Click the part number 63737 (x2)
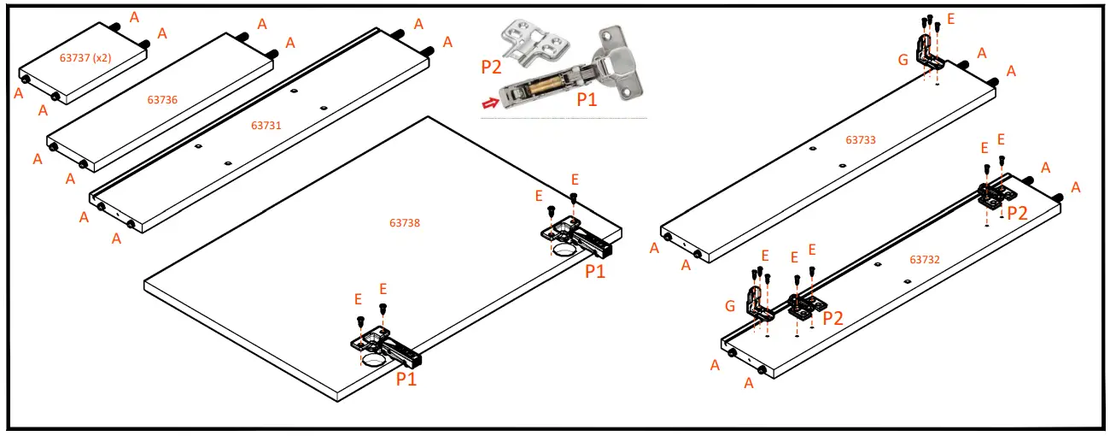tap(86, 58)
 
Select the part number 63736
tap(162, 100)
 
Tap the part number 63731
tap(266, 126)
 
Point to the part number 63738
tap(405, 222)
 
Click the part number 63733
tap(861, 139)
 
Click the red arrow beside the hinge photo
tap(492, 103)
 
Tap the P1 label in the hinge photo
tap(587, 100)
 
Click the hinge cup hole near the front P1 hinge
tap(375, 362)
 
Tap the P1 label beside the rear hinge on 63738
tap(595, 271)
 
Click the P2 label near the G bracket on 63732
tap(832, 318)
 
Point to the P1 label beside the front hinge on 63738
tap(406, 379)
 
